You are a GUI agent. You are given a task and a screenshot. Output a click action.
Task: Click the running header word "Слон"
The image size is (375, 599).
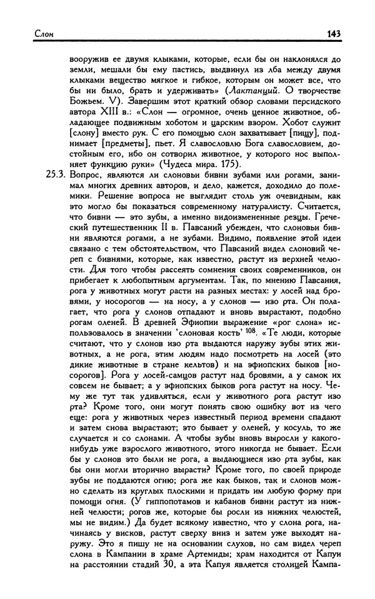point(26,34)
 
